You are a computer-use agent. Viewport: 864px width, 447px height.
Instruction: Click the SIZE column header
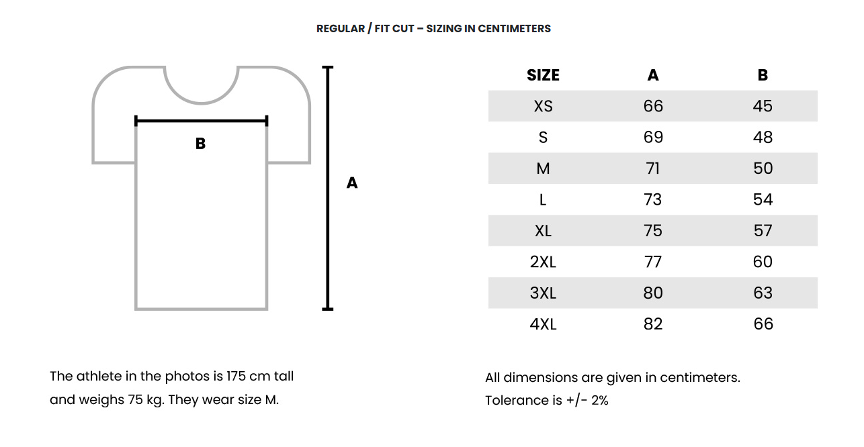click(543, 75)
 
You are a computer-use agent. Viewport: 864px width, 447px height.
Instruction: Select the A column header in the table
click(653, 75)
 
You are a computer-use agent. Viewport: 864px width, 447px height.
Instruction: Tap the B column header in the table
click(763, 75)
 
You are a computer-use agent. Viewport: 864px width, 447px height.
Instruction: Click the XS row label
click(543, 106)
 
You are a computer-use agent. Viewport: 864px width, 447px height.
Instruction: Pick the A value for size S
click(653, 137)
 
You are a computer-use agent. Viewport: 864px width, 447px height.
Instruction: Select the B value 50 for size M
click(763, 168)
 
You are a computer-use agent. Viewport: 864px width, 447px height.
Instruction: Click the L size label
click(543, 199)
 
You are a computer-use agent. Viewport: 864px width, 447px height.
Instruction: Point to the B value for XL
click(763, 230)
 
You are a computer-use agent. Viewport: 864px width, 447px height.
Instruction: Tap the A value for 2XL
click(652, 262)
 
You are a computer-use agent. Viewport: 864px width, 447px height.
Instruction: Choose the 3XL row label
click(543, 293)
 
